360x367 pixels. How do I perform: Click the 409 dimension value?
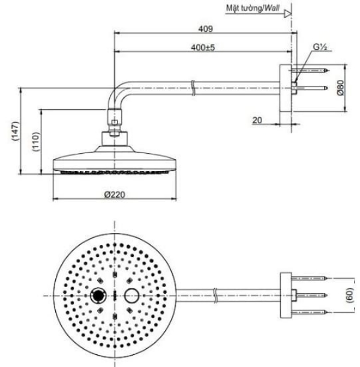click(x=206, y=28)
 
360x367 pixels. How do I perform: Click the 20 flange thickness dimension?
click(x=257, y=120)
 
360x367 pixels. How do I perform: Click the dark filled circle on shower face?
click(x=96, y=295)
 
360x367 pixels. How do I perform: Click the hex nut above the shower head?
click(x=113, y=127)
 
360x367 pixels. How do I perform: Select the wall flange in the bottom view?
click(x=286, y=295)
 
